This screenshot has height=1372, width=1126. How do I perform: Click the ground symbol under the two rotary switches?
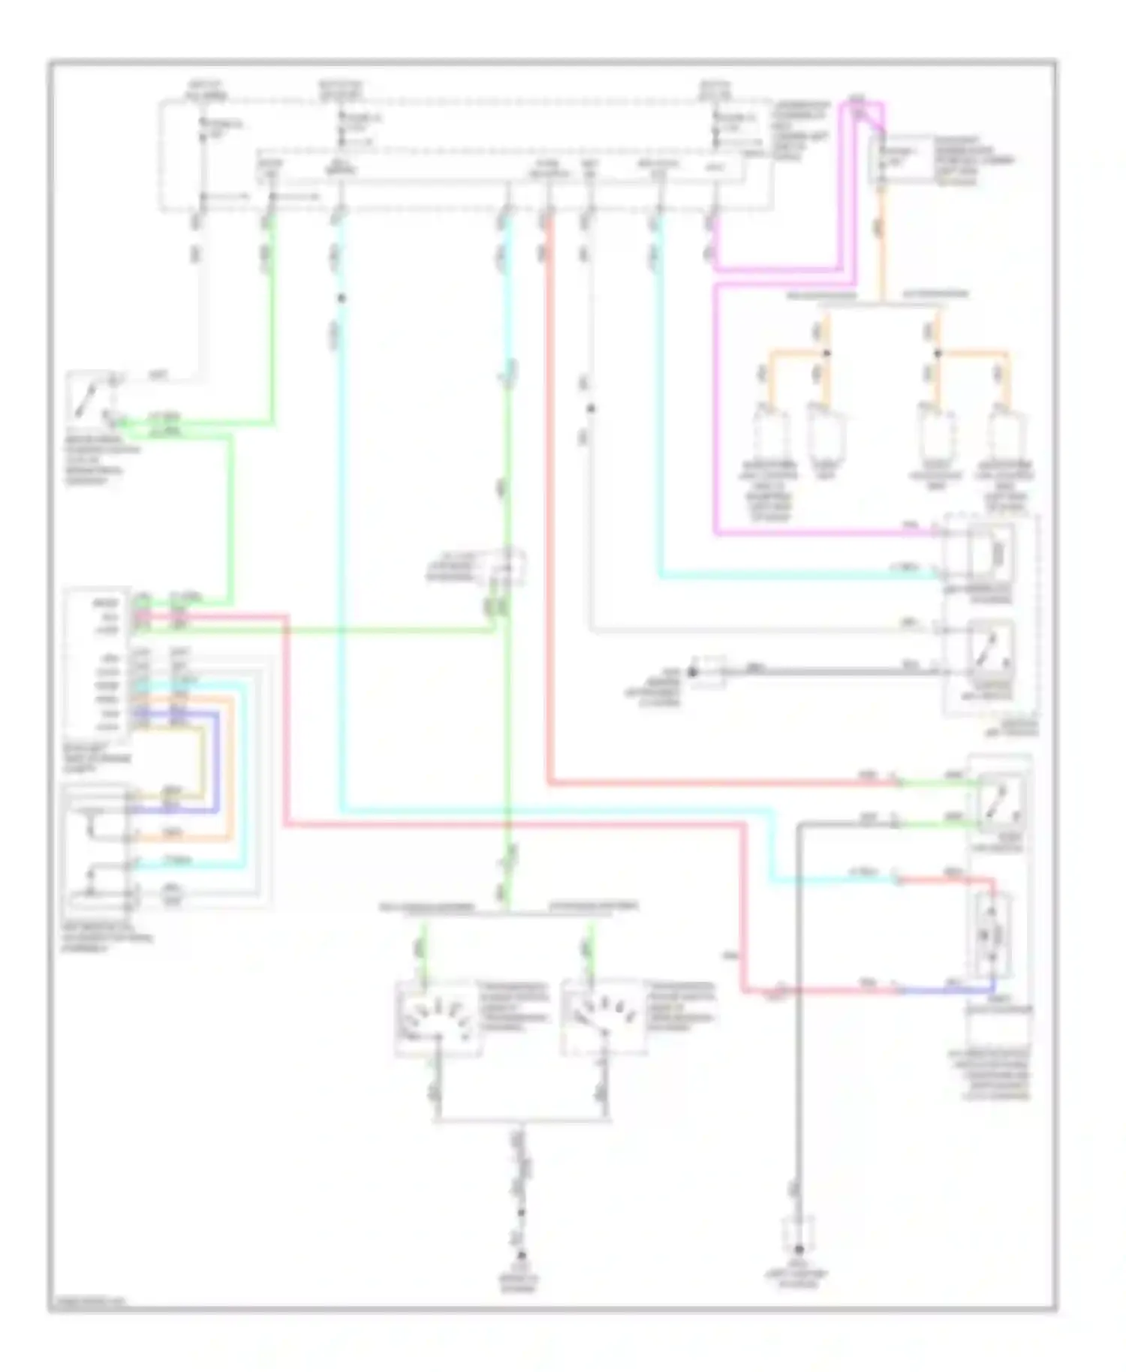coord(520,1256)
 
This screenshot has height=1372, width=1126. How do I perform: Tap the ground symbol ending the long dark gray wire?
coord(799,1250)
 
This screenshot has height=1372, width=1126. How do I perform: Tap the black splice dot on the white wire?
coord(591,408)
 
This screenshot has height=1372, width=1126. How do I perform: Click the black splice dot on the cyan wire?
coord(341,299)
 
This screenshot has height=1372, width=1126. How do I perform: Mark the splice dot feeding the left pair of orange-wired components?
coord(826,353)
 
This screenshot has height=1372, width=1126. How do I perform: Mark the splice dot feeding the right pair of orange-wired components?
coord(937,353)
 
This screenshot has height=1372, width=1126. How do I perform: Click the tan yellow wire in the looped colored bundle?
coord(201,758)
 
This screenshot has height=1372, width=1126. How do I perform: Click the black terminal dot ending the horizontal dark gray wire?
coord(693,672)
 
